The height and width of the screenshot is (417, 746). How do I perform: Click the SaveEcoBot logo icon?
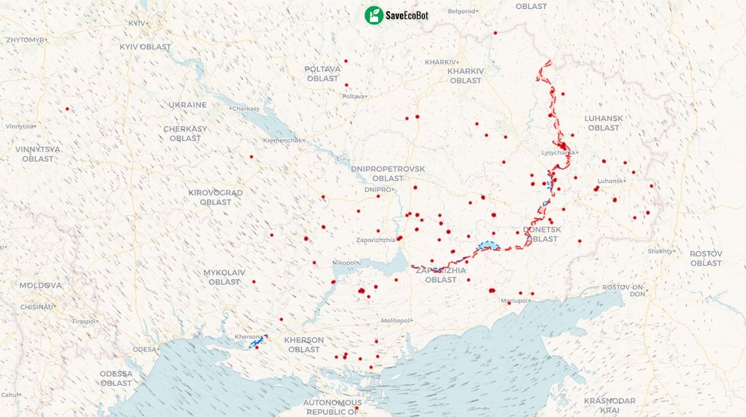pyautogui.click(x=374, y=15)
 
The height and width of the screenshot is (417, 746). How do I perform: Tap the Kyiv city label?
pyautogui.click(x=136, y=23)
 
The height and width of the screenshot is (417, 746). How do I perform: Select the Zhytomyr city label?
pyautogui.click(x=24, y=40)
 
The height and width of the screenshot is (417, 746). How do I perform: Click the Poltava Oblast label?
pyautogui.click(x=323, y=74)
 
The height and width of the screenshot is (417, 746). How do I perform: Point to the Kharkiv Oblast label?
pyautogui.click(x=465, y=76)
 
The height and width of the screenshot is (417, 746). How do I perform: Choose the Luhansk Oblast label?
pyautogui.click(x=603, y=123)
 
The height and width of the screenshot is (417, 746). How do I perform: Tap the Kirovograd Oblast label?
pyautogui.click(x=216, y=197)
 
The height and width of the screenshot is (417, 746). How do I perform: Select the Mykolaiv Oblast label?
pyautogui.click(x=224, y=277)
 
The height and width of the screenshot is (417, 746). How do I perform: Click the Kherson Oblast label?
pyautogui.click(x=304, y=345)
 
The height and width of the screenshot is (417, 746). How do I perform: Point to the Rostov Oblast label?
pyautogui.click(x=706, y=259)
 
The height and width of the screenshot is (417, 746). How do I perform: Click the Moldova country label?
pyautogui.click(x=40, y=286)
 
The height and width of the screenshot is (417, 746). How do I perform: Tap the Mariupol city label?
pyautogui.click(x=514, y=301)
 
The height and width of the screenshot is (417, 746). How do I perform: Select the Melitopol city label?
pyautogui.click(x=396, y=320)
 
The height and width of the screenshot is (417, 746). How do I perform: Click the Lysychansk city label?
pyautogui.click(x=558, y=153)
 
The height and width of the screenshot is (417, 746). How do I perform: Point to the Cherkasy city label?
pyautogui.click(x=245, y=109)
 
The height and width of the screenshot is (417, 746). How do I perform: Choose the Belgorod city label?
pyautogui.click(x=462, y=11)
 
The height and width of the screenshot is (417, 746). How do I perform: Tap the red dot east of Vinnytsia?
pyautogui.click(x=67, y=109)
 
